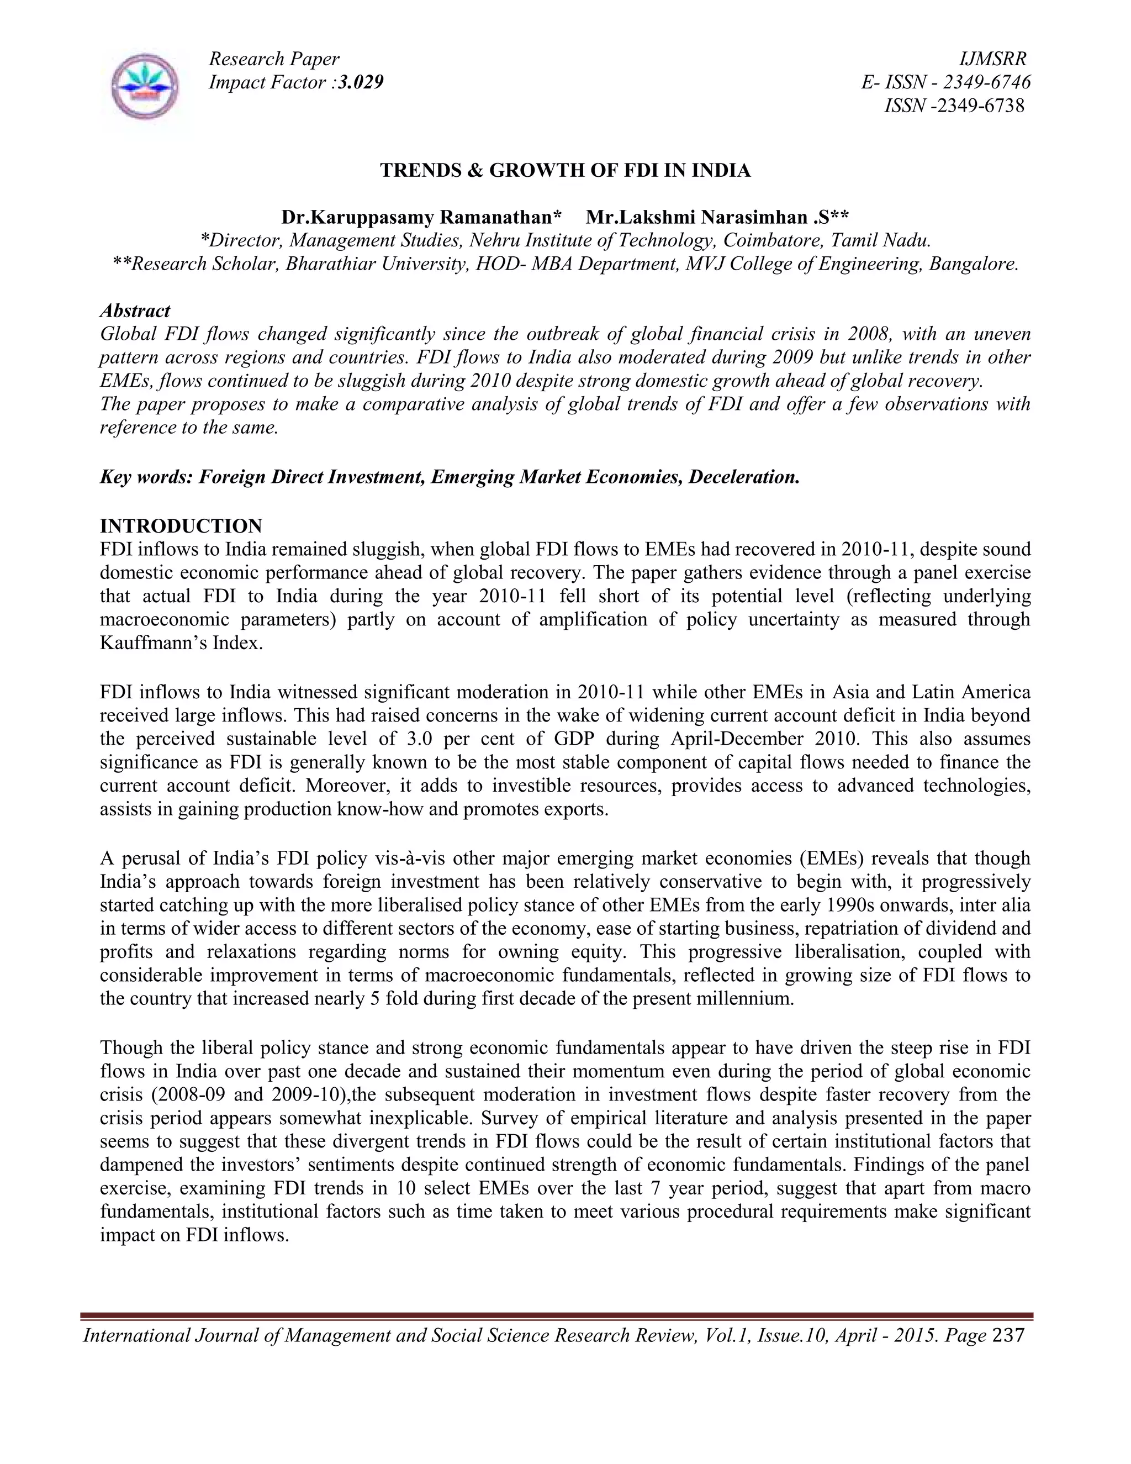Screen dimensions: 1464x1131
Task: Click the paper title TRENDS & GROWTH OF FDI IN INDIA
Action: point(565,170)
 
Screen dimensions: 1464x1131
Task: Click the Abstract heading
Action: point(135,310)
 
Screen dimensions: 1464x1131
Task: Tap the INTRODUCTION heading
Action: point(181,525)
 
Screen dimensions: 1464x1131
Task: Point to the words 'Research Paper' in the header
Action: point(274,59)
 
